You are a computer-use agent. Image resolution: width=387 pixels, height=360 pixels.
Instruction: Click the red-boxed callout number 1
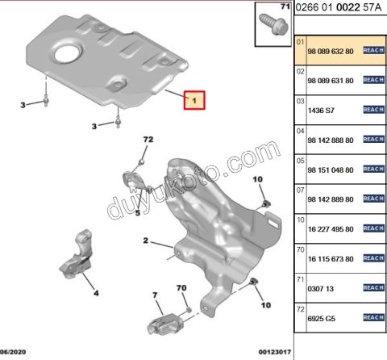[194, 101]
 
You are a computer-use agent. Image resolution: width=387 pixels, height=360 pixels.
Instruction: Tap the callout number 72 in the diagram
[148, 140]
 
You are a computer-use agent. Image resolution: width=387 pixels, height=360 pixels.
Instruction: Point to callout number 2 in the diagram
[147, 241]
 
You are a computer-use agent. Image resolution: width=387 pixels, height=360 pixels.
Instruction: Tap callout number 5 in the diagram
[138, 213]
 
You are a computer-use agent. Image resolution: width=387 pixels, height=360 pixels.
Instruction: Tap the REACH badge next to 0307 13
[373, 288]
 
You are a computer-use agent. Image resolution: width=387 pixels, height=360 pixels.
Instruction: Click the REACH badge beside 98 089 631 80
[373, 80]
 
